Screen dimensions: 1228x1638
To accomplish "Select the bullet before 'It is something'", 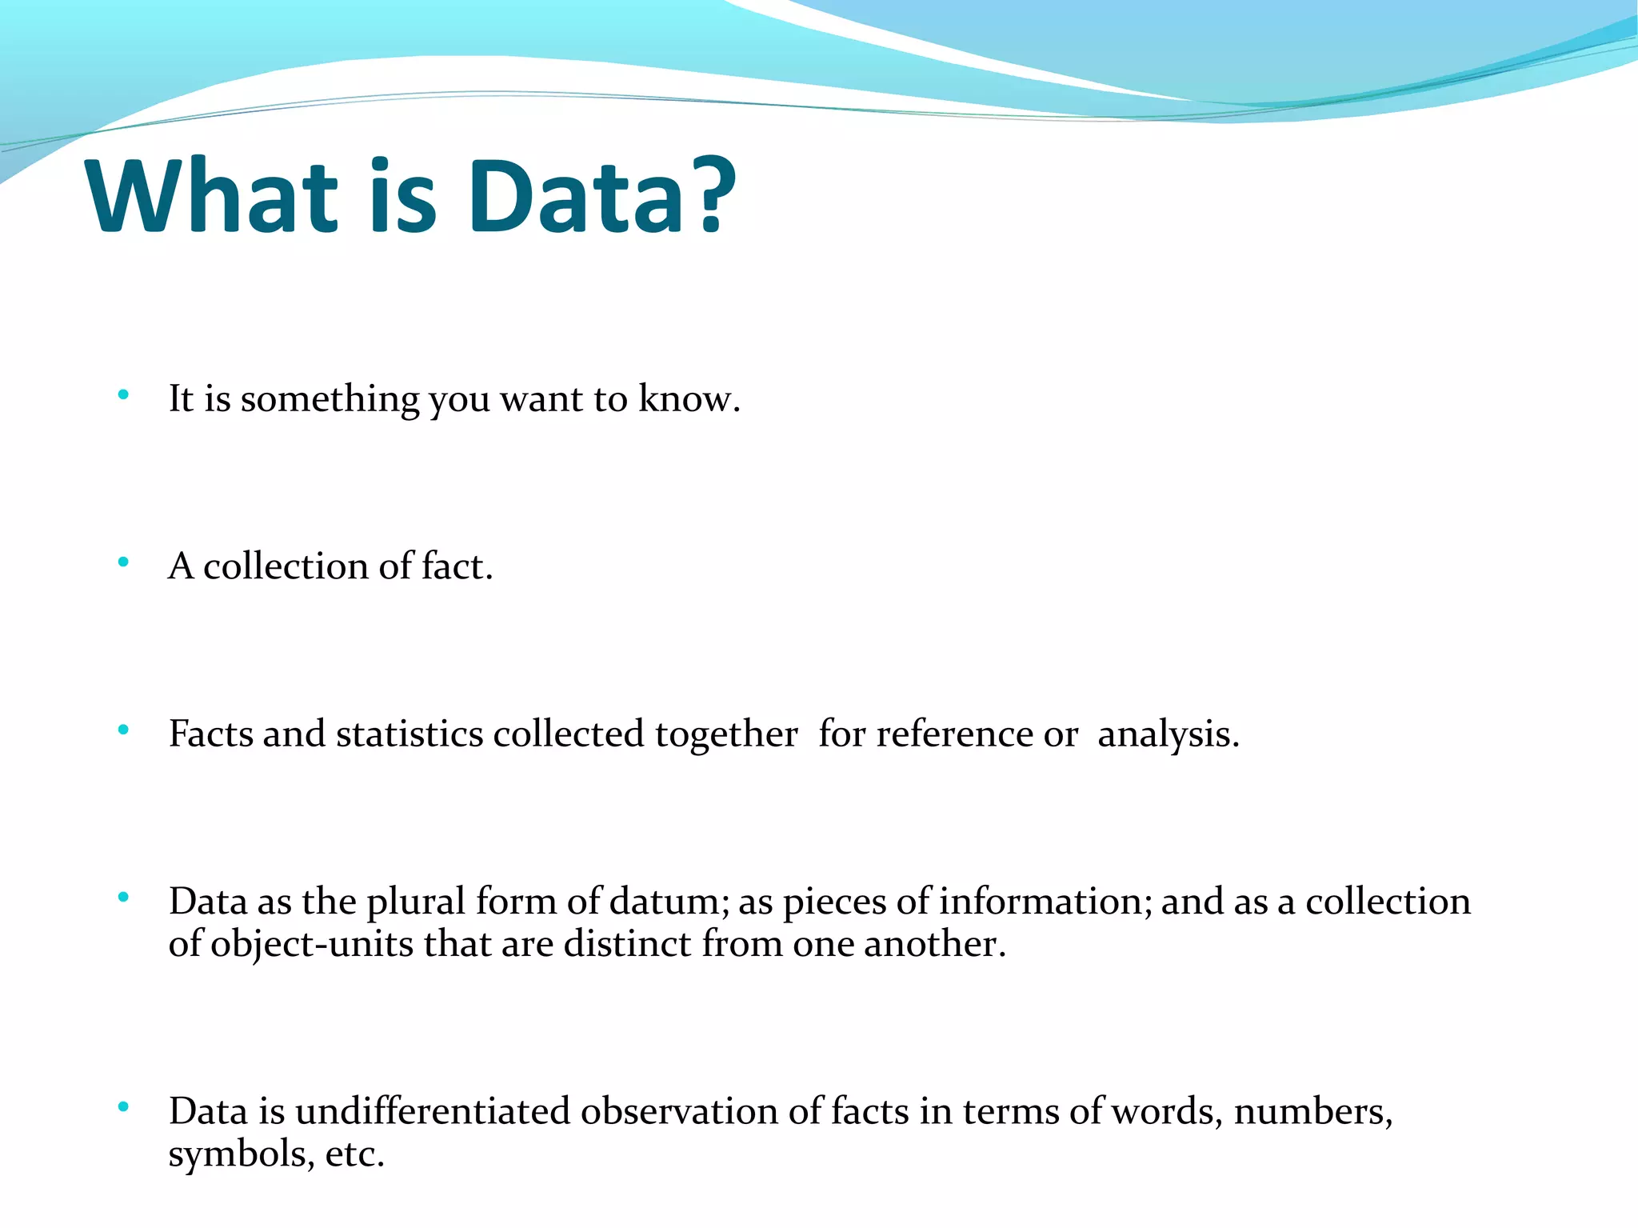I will tap(122, 394).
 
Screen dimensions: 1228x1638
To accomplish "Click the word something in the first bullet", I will tap(330, 399).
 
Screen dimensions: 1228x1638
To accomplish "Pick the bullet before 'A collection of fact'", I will tap(122, 562).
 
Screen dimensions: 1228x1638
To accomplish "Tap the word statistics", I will tap(409, 734).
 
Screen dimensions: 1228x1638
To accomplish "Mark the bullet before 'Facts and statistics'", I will tap(122, 730).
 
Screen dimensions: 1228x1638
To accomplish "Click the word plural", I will tap(415, 902).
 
